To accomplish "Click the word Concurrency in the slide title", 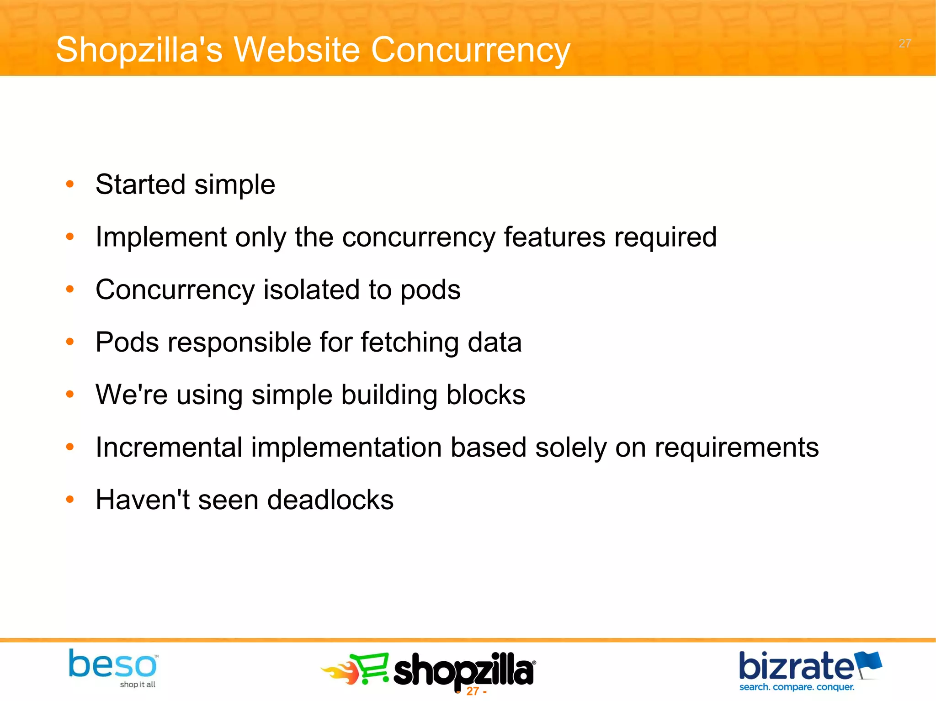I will coord(470,50).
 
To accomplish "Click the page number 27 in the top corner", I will coord(904,43).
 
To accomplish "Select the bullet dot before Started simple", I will coord(70,184).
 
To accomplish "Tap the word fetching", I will coord(409,343).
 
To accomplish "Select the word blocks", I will coord(485,395).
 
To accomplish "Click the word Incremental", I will coord(169,447).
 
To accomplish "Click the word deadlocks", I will coord(330,500).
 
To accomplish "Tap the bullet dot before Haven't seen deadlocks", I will coord(70,500).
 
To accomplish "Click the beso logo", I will coord(112,664).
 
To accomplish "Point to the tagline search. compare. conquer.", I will coord(797,687).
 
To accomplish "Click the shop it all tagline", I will coord(138,684).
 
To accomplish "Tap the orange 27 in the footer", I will coord(472,691).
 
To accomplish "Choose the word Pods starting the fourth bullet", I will coord(127,343).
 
